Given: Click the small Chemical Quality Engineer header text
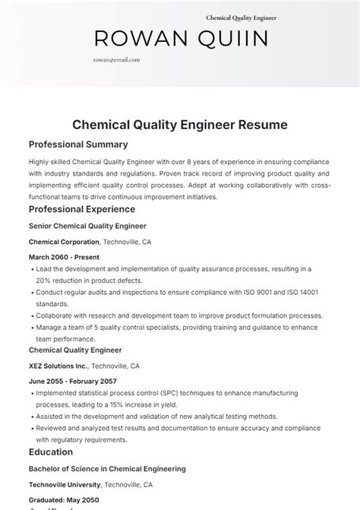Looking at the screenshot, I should pos(241,17).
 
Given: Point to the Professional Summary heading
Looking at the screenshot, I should pos(78,144).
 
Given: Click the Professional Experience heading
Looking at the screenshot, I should pos(82,209).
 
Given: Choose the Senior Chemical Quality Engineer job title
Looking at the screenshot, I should pos(87,226).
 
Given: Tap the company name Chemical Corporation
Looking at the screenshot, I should pos(64,242).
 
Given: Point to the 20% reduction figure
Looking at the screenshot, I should pos(44,280).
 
